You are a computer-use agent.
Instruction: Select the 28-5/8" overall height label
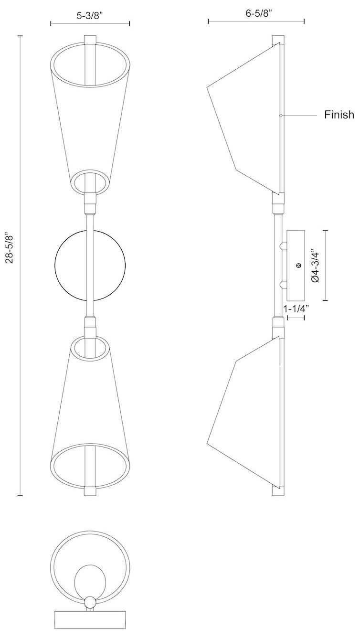tap(11, 248)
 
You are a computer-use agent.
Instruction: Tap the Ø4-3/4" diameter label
tap(315, 266)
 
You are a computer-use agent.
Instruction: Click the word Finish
tap(339, 115)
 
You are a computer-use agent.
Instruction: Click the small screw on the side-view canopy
tap(298, 265)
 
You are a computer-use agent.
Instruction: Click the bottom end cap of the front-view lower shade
tap(90, 491)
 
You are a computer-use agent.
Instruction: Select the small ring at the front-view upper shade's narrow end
tap(90, 182)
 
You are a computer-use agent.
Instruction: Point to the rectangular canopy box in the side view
tap(296, 265)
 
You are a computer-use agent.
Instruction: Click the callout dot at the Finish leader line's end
tap(281, 115)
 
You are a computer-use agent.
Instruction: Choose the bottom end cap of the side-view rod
tap(277, 491)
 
